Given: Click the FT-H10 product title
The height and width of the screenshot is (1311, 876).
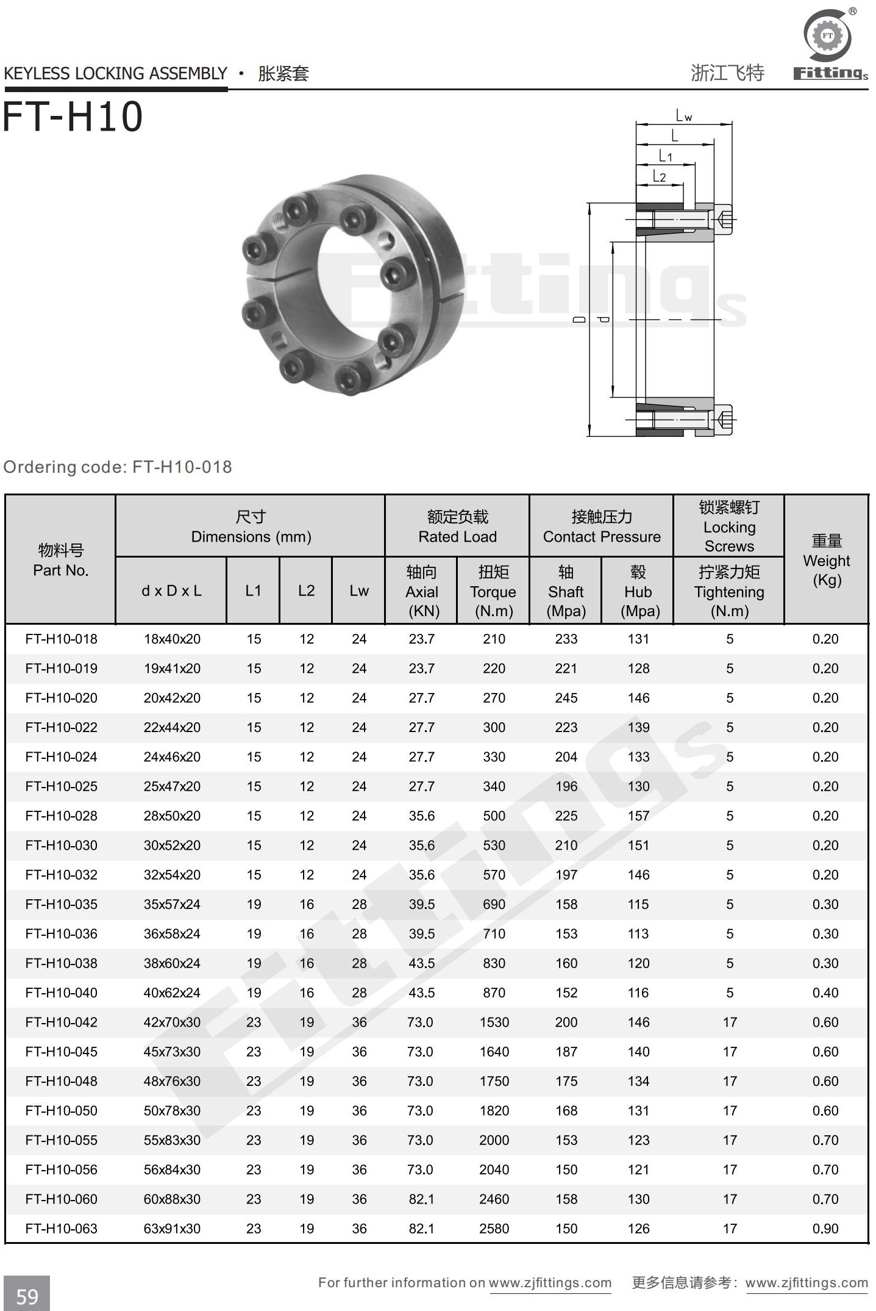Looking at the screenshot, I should point(73,117).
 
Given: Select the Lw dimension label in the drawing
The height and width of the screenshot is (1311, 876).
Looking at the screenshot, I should point(683,116).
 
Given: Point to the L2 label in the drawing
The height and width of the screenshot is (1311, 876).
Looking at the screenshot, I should point(659,176).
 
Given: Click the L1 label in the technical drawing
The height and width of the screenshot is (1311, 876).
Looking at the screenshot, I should point(665,156).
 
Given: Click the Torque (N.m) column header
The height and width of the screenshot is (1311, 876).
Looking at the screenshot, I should point(493,591).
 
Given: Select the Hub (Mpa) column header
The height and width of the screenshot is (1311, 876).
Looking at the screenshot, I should point(638,591).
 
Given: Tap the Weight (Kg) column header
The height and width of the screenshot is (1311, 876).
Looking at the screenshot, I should point(826,560).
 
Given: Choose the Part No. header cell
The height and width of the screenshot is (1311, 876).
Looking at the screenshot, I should point(60,560).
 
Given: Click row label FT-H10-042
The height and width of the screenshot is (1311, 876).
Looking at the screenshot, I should point(61,1022).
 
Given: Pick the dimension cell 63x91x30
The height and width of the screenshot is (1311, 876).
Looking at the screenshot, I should point(172,1228).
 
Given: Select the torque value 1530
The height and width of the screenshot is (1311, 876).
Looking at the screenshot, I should point(494,1022).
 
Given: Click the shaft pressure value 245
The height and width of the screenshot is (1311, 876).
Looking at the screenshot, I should point(566,698).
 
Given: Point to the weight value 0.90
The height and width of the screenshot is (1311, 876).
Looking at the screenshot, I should point(825,1228).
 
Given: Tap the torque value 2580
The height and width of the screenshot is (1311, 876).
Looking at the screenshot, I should point(494,1228).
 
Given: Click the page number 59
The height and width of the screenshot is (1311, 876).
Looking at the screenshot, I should point(27,1296).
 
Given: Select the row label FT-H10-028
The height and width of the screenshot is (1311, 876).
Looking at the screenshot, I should point(61,816).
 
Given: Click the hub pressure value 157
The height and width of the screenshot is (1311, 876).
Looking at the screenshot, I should point(638,816).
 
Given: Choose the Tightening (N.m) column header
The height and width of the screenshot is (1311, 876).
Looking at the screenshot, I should point(729,591).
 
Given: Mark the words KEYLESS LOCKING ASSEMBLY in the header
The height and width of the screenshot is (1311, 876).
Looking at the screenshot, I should point(115,74).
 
